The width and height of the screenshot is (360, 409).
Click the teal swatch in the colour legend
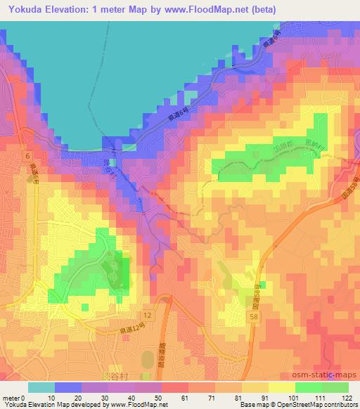pos(41,387)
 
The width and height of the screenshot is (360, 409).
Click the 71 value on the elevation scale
pos(202,398)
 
